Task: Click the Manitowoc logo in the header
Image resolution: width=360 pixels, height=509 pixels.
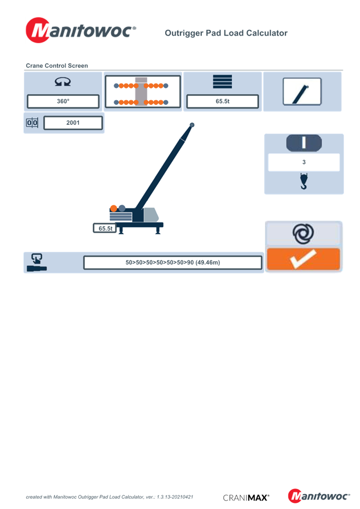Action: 81,31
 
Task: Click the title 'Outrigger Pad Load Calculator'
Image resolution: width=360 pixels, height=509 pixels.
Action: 226,33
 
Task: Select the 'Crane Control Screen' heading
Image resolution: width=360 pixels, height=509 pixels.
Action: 56,66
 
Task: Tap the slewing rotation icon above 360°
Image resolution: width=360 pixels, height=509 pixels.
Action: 63,82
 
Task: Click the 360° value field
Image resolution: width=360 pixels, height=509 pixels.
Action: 63,101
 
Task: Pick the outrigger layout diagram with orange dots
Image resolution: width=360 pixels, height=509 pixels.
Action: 143,91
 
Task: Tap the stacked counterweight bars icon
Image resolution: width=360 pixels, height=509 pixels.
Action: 222,82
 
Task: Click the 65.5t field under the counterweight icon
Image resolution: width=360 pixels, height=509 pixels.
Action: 222,101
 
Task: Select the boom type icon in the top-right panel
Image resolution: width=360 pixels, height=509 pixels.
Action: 302,91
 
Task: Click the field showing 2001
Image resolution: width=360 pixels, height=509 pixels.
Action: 73,123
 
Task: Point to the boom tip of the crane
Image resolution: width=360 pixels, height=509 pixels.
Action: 192,124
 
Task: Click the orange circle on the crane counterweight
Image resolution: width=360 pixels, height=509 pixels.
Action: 113,208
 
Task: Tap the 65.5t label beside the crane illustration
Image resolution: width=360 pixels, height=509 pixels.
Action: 104,228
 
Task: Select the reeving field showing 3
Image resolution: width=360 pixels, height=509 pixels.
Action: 304,162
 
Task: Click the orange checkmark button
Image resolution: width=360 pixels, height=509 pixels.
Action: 304,260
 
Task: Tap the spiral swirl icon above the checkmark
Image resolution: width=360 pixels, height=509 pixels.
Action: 304,234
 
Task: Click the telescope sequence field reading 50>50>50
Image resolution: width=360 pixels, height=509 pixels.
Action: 172,263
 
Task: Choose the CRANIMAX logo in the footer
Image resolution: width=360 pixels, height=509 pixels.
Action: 246,498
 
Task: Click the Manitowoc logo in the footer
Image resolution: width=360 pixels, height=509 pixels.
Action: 319,496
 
